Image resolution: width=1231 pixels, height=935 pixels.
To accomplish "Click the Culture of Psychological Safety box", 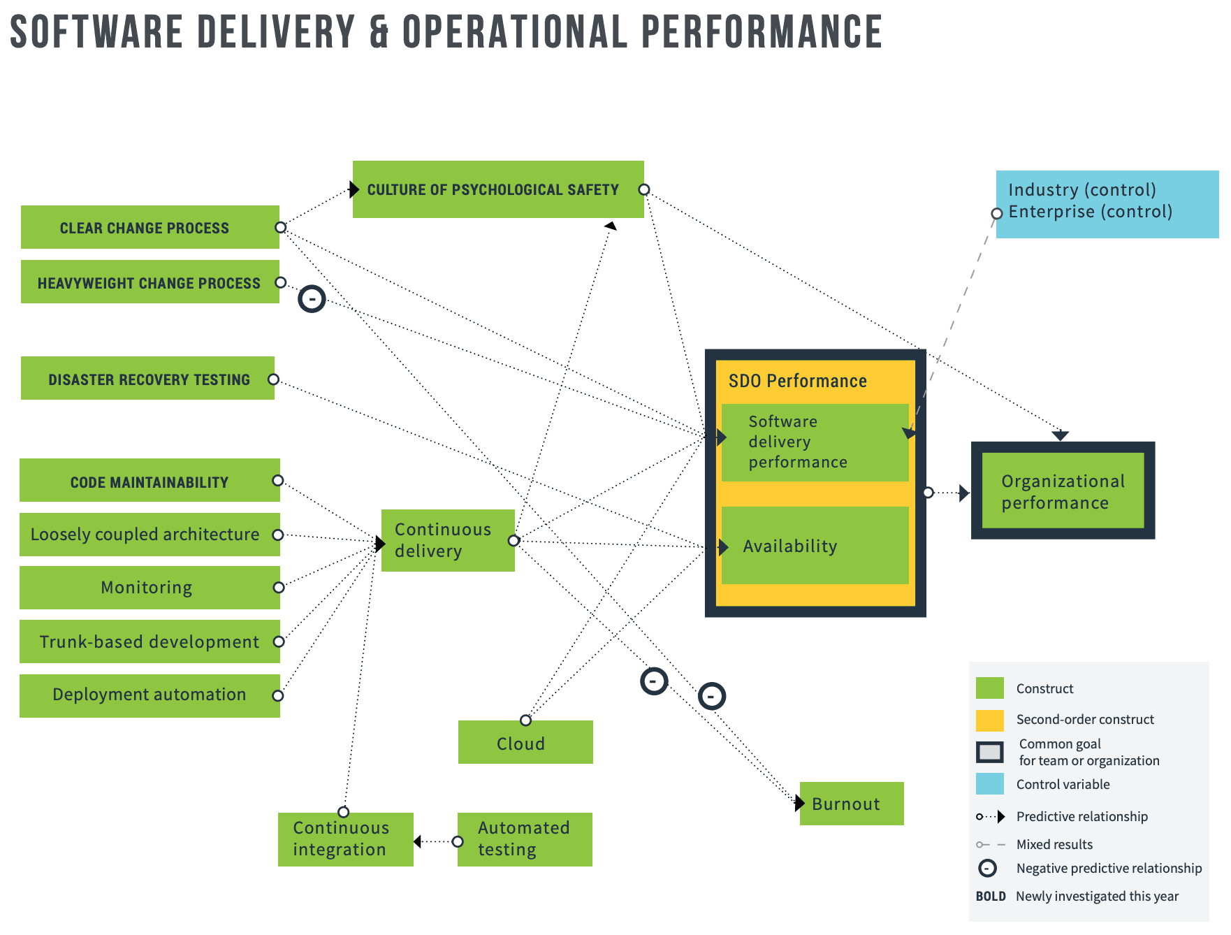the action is (498, 189).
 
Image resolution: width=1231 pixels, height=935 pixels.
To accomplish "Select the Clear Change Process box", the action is (150, 227).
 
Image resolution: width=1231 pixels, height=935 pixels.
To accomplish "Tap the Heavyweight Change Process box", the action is (150, 282).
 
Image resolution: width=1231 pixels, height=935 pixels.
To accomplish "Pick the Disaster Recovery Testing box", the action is (147, 378).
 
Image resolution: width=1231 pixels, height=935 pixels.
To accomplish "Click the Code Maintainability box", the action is (150, 480).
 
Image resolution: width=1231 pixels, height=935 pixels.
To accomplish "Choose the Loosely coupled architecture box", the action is (150, 535).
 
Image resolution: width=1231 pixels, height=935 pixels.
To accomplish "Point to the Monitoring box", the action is (150, 588).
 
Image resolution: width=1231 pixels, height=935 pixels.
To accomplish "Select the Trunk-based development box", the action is (150, 642).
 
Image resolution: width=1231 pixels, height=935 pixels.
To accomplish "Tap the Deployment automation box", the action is (150, 696).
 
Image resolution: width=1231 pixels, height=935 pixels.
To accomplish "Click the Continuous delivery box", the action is (448, 540).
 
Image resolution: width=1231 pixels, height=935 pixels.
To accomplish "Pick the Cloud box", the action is (525, 742).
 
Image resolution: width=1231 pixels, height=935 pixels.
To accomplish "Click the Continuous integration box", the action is (346, 839).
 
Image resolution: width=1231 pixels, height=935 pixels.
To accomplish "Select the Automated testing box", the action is (525, 839).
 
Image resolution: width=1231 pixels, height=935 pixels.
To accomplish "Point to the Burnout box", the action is (852, 804).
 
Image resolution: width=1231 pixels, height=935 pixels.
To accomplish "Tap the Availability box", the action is (815, 545).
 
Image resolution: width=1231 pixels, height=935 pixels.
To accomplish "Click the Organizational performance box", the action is (1063, 491).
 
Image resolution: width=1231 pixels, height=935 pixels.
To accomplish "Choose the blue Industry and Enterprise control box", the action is (1107, 204).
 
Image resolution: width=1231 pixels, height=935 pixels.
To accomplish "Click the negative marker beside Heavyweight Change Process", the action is (312, 299).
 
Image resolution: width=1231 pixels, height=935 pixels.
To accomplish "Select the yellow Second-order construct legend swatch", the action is (989, 720).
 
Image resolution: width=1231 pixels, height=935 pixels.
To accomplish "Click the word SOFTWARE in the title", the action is (96, 32).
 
